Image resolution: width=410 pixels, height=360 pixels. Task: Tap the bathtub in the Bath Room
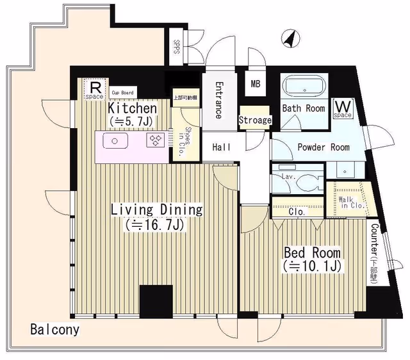click(x=304, y=86)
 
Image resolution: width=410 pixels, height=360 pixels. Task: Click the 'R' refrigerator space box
click(x=94, y=89)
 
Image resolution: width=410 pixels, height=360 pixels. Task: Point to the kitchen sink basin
click(x=115, y=140)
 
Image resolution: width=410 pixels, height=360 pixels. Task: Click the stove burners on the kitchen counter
click(x=155, y=140)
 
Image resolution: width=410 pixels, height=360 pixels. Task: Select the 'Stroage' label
click(x=255, y=120)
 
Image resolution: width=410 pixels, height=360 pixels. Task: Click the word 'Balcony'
click(x=54, y=331)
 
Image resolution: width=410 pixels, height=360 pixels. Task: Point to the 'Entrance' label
click(x=218, y=100)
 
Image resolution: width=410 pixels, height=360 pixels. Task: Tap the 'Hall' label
click(x=222, y=147)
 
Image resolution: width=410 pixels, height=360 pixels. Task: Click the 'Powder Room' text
click(x=323, y=147)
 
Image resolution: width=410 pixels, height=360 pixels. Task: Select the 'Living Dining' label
click(x=156, y=209)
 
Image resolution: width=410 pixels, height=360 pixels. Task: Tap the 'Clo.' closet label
click(x=297, y=211)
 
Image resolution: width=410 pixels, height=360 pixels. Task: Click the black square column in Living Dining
click(x=156, y=301)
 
